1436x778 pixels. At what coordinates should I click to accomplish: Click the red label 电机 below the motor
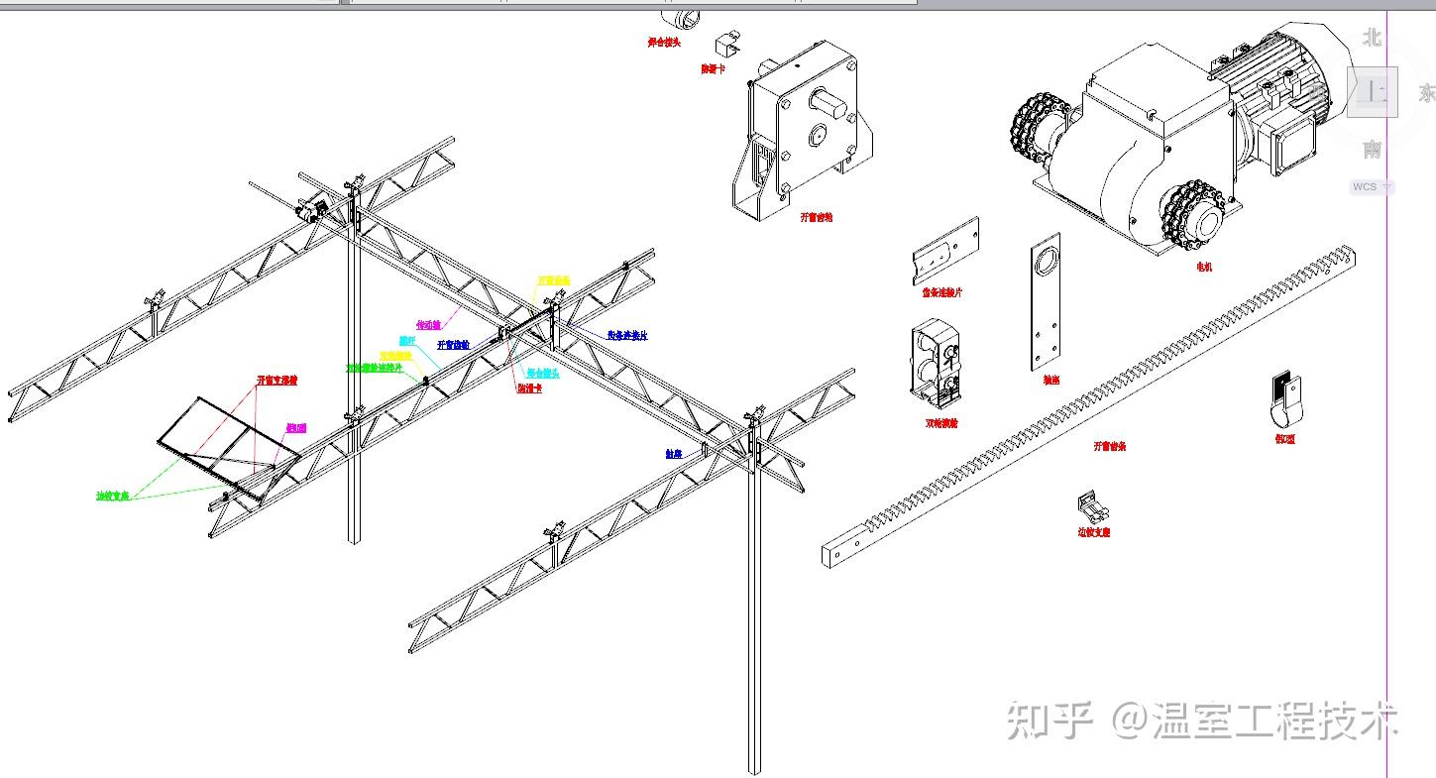1204,267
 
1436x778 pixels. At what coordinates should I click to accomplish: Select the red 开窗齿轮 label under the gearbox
817,217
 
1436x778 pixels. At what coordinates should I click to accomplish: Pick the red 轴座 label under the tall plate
1051,380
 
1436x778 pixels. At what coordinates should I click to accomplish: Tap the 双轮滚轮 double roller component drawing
937,362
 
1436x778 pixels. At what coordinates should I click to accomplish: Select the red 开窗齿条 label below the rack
1109,446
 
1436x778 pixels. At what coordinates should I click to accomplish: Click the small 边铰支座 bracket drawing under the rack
1092,508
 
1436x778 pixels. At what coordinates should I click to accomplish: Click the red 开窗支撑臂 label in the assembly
277,380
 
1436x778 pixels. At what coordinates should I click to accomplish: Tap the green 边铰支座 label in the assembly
113,496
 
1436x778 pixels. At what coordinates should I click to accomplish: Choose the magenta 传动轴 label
428,324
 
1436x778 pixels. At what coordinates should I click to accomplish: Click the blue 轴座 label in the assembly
674,453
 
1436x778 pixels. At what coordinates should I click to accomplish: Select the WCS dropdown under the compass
1372,186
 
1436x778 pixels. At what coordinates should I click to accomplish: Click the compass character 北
1372,38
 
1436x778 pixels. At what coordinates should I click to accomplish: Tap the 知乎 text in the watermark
1049,721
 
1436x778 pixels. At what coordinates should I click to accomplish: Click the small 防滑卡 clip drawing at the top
729,44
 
